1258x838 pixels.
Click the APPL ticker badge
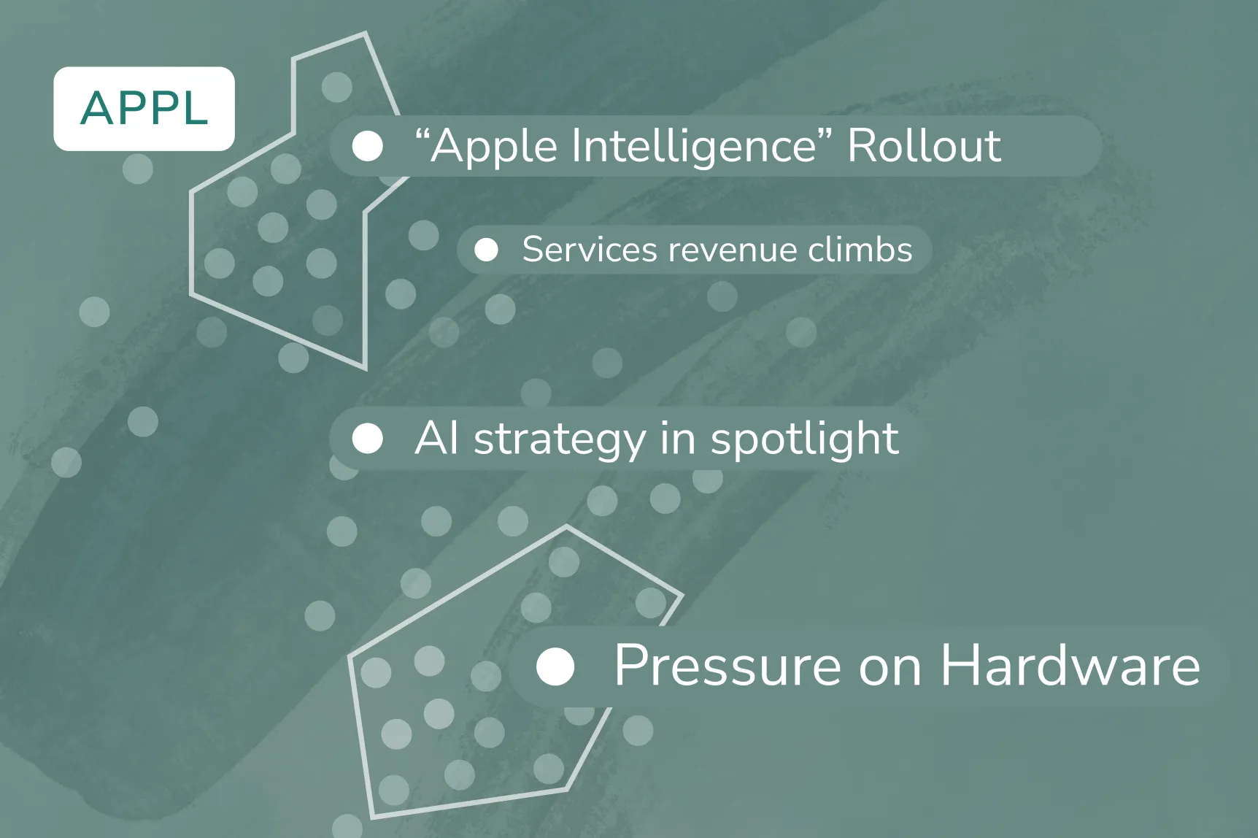coord(144,109)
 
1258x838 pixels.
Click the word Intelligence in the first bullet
coord(693,146)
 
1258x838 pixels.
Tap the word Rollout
coord(924,146)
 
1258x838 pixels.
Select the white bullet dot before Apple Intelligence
coord(367,146)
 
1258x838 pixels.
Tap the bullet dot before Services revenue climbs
coord(486,250)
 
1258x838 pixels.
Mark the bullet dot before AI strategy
coord(367,439)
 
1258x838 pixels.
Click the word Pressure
coord(728,665)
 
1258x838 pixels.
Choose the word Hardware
coord(1070,665)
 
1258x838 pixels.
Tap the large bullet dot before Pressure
coord(555,666)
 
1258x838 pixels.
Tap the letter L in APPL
coord(194,109)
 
